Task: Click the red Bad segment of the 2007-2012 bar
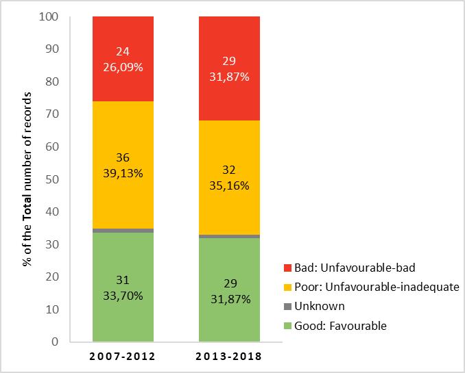click(123, 34)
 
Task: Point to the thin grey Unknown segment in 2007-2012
click(123, 231)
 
